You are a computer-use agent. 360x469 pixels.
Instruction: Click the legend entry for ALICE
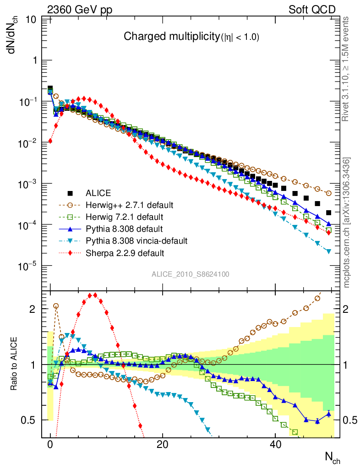pyautogui.click(x=98, y=193)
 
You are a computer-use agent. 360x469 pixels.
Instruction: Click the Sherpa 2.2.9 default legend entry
pyautogui.click(x=121, y=252)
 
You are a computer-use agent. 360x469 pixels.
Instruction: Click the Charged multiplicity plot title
pyautogui.click(x=191, y=38)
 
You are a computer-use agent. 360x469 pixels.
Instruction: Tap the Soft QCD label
pyautogui.click(x=312, y=9)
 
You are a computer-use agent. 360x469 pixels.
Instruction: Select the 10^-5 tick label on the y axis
pyautogui.click(x=28, y=266)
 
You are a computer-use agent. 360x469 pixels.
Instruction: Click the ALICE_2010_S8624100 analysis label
pyautogui.click(x=191, y=274)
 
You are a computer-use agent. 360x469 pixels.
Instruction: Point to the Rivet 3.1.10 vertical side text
pyautogui.click(x=346, y=69)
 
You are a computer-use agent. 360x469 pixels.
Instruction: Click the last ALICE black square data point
pyautogui.click(x=328, y=213)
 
